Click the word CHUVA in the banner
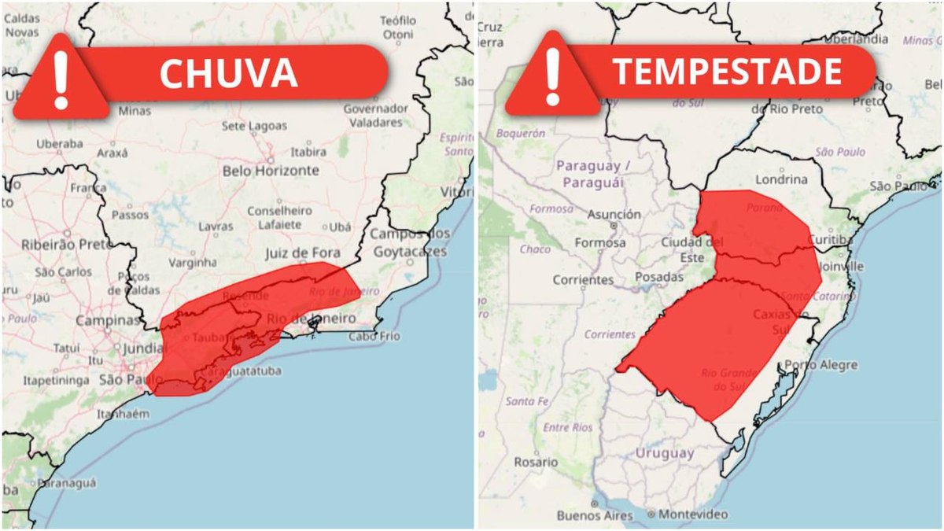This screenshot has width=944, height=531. coord(229,72)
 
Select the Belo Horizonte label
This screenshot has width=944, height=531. coord(271,171)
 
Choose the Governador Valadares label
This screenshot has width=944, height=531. coord(374,114)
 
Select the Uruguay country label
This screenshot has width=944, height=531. coord(665,453)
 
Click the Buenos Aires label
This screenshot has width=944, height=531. coord(595,515)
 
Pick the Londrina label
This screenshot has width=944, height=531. coord(781,179)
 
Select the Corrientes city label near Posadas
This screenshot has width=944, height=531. coord(583,279)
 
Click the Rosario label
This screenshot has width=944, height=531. coord(536,462)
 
